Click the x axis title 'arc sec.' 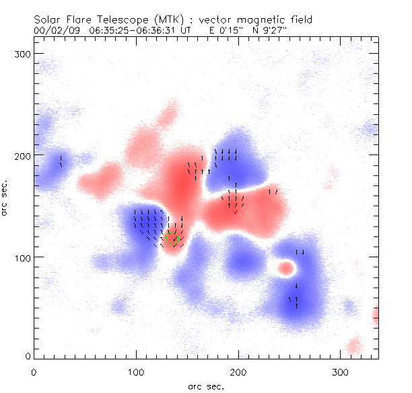(x=205, y=386)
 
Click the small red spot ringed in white (x=286, y=269)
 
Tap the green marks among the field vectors (x=172, y=236)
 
